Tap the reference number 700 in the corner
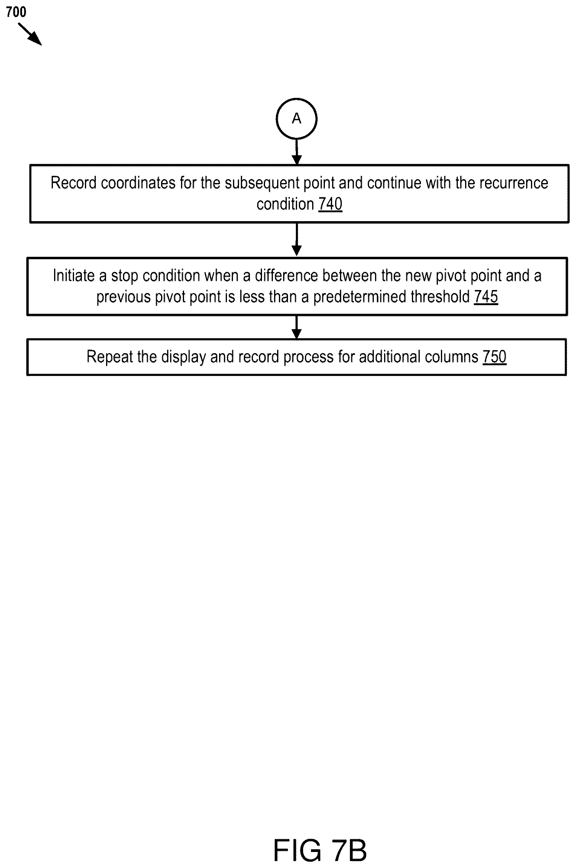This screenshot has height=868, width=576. tap(16, 12)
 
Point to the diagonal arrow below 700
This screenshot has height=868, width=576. tap(30, 34)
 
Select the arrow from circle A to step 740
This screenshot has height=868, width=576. tap(296, 152)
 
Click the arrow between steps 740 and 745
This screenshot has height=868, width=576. tap(296, 239)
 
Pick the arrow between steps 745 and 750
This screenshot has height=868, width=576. tap(296, 327)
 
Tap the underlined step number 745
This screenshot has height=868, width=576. tap(486, 297)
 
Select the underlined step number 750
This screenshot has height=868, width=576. tap(494, 357)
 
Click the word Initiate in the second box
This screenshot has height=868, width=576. tap(74, 275)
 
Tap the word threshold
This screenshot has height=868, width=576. tap(440, 297)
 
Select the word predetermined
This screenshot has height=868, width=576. tap(360, 297)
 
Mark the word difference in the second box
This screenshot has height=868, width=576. tap(286, 275)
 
